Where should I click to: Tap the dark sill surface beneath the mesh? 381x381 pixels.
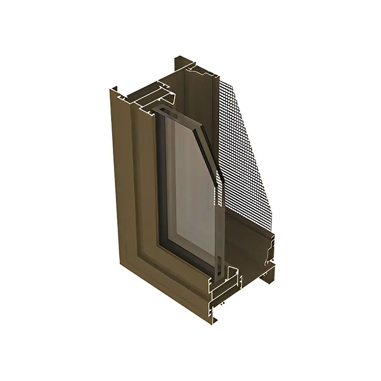pos(248,233)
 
